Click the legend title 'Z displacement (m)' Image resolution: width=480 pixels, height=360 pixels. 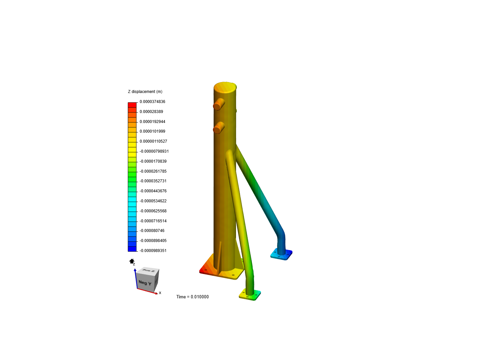pyautogui.click(x=145, y=92)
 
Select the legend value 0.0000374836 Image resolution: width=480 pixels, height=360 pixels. pyautogui.click(x=152, y=102)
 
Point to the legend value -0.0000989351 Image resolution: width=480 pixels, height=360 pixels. pyautogui.click(x=153, y=251)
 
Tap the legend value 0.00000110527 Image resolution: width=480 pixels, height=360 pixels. pyautogui.click(x=153, y=141)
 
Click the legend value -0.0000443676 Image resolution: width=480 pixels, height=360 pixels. pyautogui.click(x=153, y=191)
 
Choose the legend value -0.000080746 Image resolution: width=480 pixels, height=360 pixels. pyautogui.click(x=152, y=231)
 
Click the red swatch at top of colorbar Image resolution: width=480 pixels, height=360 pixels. pyautogui.click(x=132, y=105)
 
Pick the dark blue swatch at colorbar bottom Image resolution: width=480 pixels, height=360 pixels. pyautogui.click(x=132, y=249)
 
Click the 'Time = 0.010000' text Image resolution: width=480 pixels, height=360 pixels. pyautogui.click(x=192, y=297)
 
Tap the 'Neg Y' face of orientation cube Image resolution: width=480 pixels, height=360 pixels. pyautogui.click(x=145, y=283)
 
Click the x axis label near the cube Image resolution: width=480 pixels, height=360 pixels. pyautogui.click(x=160, y=293)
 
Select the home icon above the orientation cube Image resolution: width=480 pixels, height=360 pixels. pyautogui.click(x=132, y=261)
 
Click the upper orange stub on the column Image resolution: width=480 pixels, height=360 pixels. pyautogui.click(x=218, y=104)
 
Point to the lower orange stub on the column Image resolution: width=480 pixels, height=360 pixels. pyautogui.click(x=218, y=128)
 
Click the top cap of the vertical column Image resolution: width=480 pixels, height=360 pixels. pyautogui.click(x=225, y=87)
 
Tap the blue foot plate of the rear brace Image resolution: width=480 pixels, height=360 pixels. pyautogui.click(x=281, y=255)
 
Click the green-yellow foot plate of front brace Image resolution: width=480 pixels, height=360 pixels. pyautogui.click(x=250, y=295)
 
